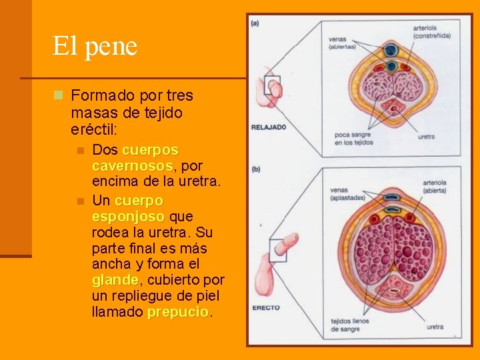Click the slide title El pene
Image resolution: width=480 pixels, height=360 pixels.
pyautogui.click(x=95, y=47)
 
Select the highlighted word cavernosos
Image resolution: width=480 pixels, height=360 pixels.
pyautogui.click(x=132, y=165)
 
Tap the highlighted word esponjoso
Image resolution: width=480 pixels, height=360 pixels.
pyautogui.click(x=128, y=217)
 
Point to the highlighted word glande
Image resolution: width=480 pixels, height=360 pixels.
pyautogui.click(x=115, y=280)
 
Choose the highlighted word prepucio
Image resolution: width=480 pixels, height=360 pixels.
pyautogui.click(x=178, y=312)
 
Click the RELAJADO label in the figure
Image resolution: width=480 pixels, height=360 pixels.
pyautogui.click(x=268, y=127)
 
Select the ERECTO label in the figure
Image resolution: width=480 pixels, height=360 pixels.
pyautogui.click(x=265, y=308)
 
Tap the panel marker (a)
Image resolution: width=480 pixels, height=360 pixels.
pyautogui.click(x=255, y=23)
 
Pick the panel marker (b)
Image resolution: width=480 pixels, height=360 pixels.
pyautogui.click(x=255, y=169)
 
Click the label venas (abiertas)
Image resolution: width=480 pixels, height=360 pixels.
pyautogui.click(x=342, y=42)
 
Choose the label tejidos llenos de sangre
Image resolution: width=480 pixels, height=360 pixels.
pyautogui.click(x=349, y=325)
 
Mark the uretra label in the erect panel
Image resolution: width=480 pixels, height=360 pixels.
pyautogui.click(x=435, y=327)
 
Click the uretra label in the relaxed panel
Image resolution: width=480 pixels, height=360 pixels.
pyautogui.click(x=426, y=137)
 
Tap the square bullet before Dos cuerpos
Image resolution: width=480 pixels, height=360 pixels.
pyautogui.click(x=81, y=150)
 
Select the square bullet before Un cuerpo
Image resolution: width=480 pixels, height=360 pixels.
pyautogui.click(x=81, y=201)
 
